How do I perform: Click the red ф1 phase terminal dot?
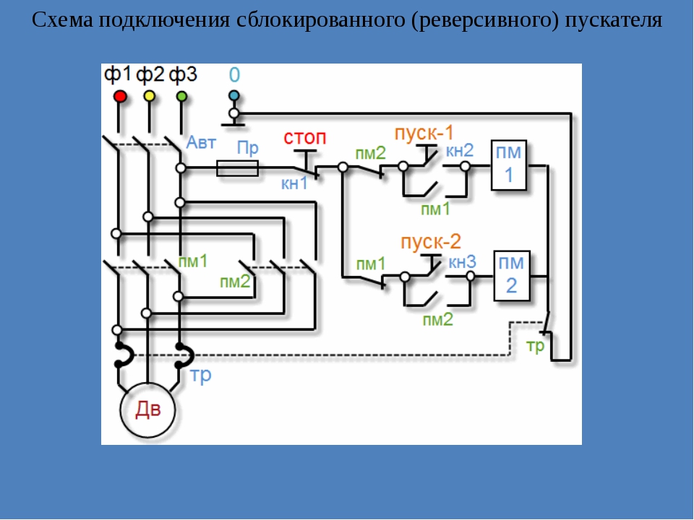pyautogui.click(x=119, y=96)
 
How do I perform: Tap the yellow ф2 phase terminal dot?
pyautogui.click(x=150, y=96)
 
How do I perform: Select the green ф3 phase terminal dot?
pyautogui.click(x=181, y=96)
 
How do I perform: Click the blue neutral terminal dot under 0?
pyautogui.click(x=234, y=95)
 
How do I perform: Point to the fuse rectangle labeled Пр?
pyautogui.click(x=237, y=168)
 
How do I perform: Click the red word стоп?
pyautogui.click(x=305, y=137)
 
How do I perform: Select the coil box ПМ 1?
pyautogui.click(x=509, y=165)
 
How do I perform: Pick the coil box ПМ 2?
pyautogui.click(x=512, y=276)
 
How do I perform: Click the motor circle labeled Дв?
pyautogui.click(x=147, y=410)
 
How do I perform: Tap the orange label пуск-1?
pyautogui.click(x=424, y=133)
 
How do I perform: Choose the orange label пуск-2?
pyautogui.click(x=431, y=242)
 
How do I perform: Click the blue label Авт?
pyautogui.click(x=201, y=142)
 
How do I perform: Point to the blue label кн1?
pyautogui.click(x=294, y=183)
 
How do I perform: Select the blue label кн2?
pyautogui.click(x=460, y=150)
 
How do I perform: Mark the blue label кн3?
pyautogui.click(x=462, y=261)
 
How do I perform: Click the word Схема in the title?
pyautogui.click(x=63, y=20)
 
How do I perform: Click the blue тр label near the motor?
pyautogui.click(x=200, y=375)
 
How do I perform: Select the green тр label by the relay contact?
pyautogui.click(x=535, y=346)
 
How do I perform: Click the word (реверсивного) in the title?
pyautogui.click(x=485, y=20)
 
